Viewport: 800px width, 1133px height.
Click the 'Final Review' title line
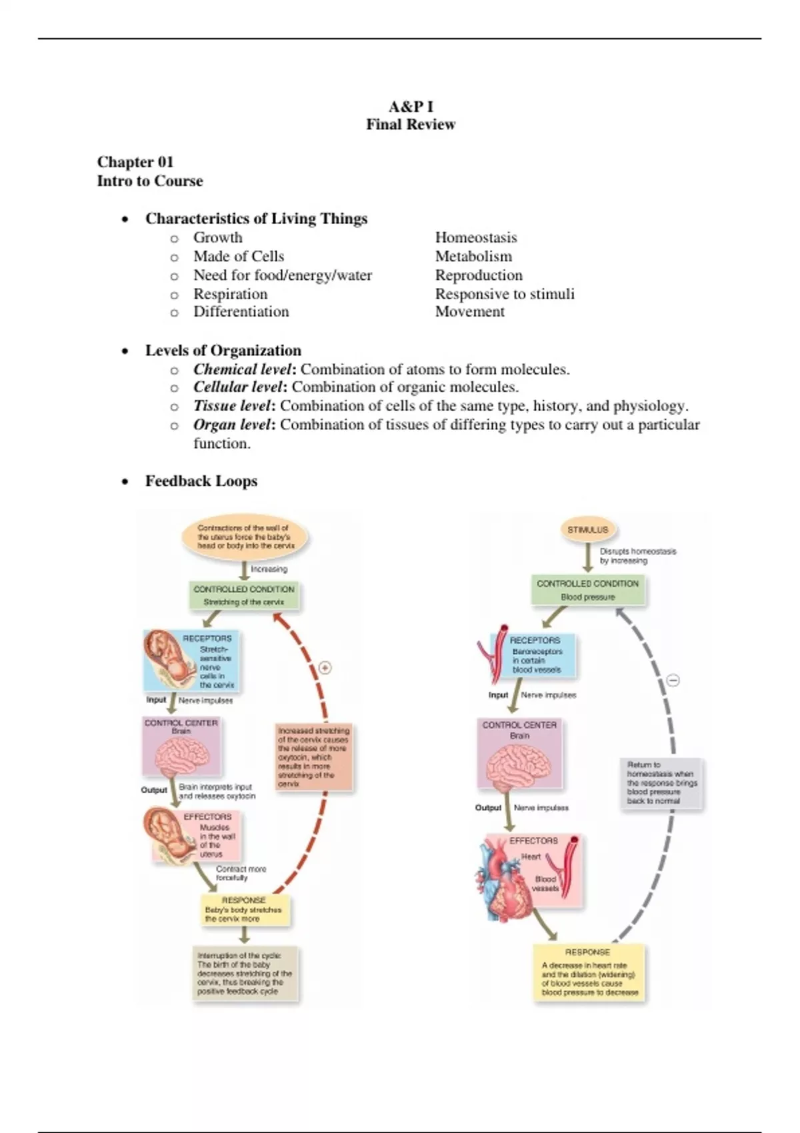(410, 125)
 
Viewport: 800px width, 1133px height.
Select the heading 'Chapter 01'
(135, 162)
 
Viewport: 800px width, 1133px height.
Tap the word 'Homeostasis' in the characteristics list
(476, 238)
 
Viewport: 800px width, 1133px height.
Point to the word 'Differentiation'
(241, 312)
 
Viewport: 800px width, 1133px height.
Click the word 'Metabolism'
(473, 257)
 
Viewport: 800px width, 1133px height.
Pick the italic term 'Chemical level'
(242, 369)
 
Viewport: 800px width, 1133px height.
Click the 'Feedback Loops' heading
(201, 481)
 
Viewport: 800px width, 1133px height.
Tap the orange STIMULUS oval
(587, 530)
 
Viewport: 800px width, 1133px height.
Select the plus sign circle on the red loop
(325, 668)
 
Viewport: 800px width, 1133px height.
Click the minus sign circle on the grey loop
(673, 680)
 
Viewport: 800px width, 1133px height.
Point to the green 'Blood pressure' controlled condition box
(587, 590)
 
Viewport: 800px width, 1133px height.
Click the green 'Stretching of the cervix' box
(244, 596)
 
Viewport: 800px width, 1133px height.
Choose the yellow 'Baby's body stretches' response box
(244, 910)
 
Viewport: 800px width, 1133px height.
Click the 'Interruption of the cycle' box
(245, 973)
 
